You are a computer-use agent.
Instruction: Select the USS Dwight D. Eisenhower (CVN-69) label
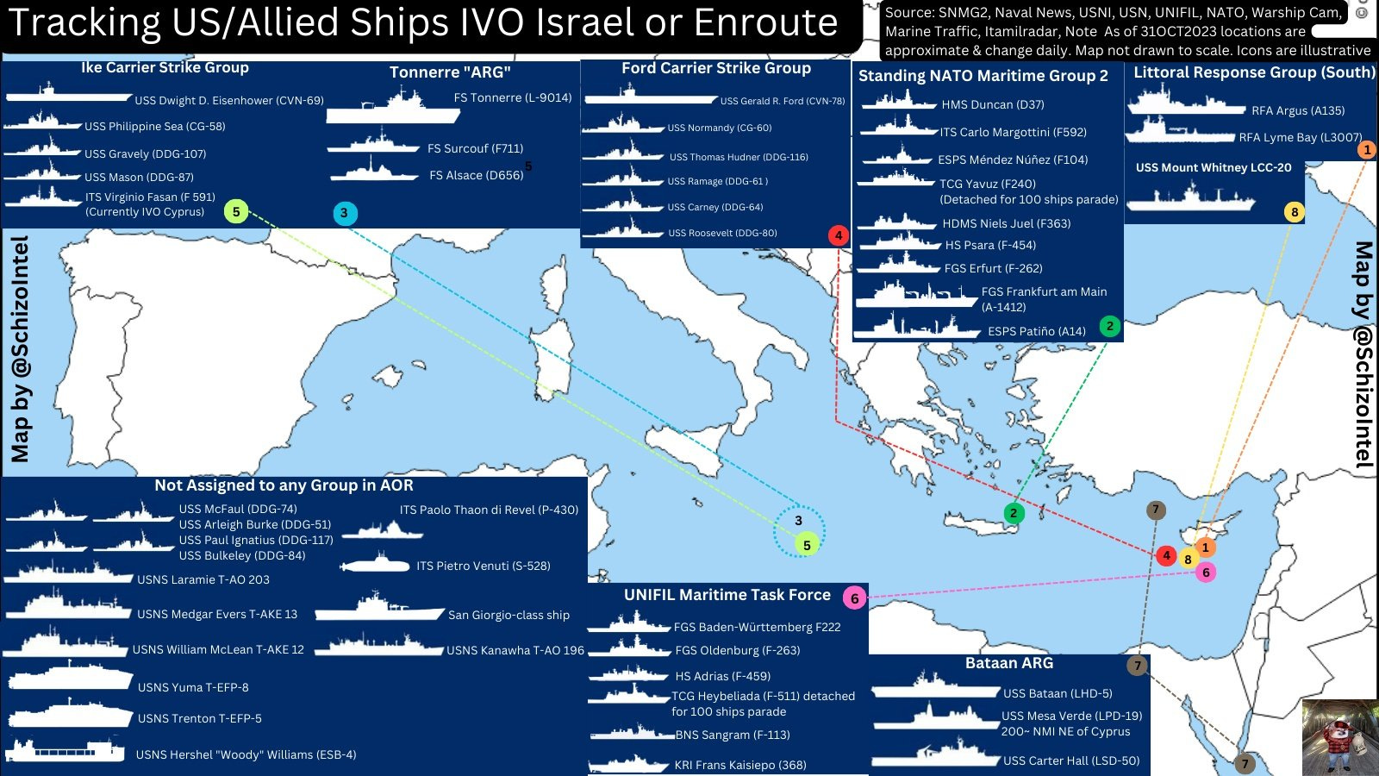229,101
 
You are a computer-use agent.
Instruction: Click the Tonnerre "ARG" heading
449,72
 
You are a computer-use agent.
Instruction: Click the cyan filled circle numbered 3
344,213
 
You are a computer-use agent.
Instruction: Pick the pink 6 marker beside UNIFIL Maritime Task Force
854,598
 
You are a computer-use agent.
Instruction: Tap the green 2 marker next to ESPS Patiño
1109,326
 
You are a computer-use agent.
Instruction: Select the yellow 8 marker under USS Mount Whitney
1294,212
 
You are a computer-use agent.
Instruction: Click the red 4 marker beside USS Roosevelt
839,235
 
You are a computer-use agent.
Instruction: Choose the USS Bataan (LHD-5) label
1058,693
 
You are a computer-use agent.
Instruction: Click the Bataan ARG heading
1008,663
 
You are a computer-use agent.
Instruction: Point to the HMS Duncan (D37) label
992,104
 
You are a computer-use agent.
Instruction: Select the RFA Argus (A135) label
1297,110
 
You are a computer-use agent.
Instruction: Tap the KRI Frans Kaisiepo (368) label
739,765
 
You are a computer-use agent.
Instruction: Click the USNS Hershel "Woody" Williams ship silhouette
66,750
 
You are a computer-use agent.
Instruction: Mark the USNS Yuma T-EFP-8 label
193,687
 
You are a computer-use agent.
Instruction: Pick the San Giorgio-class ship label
509,615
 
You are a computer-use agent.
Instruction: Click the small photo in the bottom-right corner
1338,737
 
